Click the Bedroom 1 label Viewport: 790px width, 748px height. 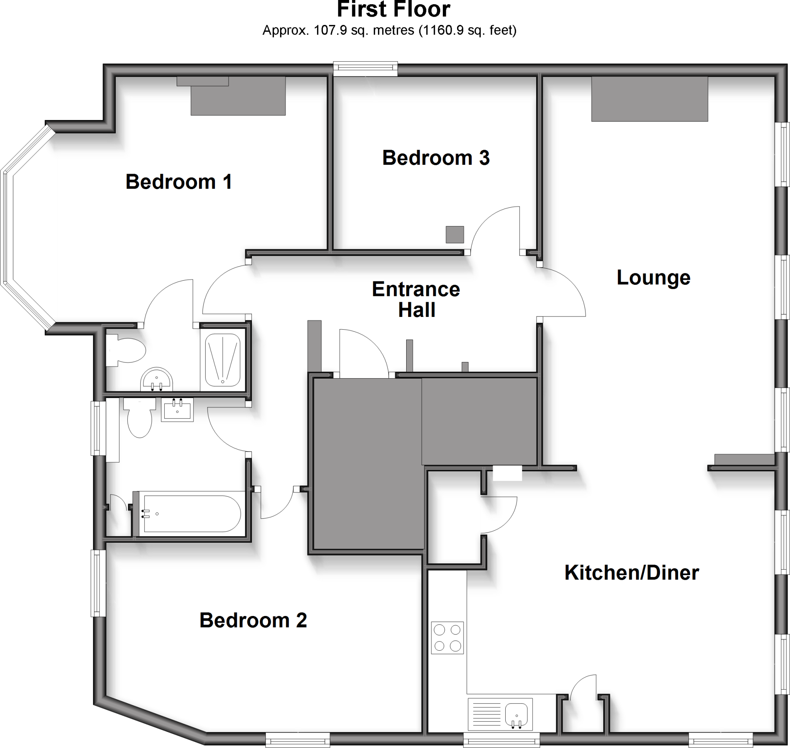pyautogui.click(x=179, y=182)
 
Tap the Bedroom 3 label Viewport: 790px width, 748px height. pyautogui.click(x=436, y=158)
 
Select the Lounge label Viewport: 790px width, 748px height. pyautogui.click(x=653, y=278)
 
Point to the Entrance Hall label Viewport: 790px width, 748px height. pyautogui.click(x=416, y=300)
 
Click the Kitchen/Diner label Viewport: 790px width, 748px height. pyautogui.click(x=632, y=573)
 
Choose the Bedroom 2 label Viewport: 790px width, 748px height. pyautogui.click(x=253, y=620)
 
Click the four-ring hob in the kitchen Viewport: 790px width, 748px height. pyautogui.click(x=447, y=638)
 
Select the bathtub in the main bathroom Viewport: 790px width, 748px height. pyautogui.click(x=191, y=514)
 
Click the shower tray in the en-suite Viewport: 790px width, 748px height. pyautogui.click(x=222, y=359)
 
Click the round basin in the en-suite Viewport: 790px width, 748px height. pyautogui.click(x=157, y=379)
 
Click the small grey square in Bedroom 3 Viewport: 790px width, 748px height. pyautogui.click(x=454, y=234)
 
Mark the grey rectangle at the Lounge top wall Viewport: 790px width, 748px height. pyautogui.click(x=649, y=99)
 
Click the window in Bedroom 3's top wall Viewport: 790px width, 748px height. pyautogui.click(x=365, y=69)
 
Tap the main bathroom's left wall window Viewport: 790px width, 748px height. pyautogui.click(x=97, y=428)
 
